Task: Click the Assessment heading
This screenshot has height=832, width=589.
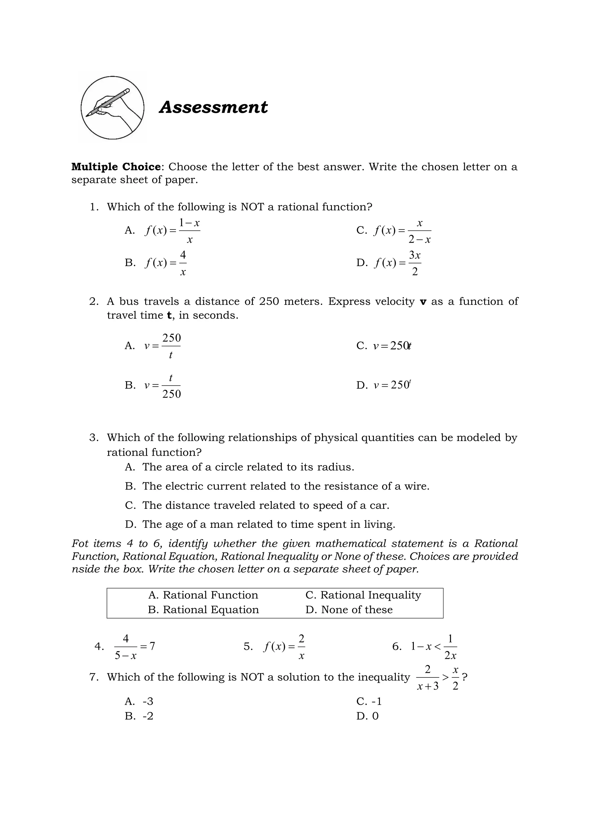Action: point(213,107)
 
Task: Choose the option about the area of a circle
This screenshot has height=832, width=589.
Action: point(248,467)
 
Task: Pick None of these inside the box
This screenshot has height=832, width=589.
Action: point(357,610)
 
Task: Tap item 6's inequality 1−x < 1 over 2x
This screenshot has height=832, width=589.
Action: point(433,646)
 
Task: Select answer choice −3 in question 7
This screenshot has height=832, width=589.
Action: point(148,702)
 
